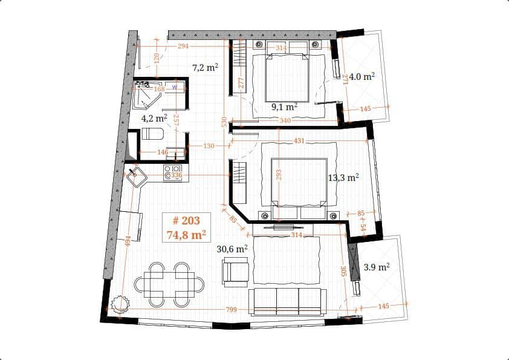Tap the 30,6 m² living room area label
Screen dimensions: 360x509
pos(232,249)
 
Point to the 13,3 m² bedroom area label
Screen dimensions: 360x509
pos(343,177)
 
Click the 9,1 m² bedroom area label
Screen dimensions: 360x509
pos(284,107)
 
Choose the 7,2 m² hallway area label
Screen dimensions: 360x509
pos(205,68)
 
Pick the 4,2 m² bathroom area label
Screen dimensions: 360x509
pos(154,119)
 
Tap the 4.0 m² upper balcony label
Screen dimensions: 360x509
pos(362,76)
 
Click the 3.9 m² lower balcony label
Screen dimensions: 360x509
pos(377,266)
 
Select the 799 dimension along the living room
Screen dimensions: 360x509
pos(231,310)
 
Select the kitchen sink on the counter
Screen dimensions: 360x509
pos(136,177)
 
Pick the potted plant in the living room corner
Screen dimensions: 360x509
pos(120,304)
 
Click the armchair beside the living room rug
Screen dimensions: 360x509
pos(235,270)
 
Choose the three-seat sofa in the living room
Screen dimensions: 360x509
pos(287,301)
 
